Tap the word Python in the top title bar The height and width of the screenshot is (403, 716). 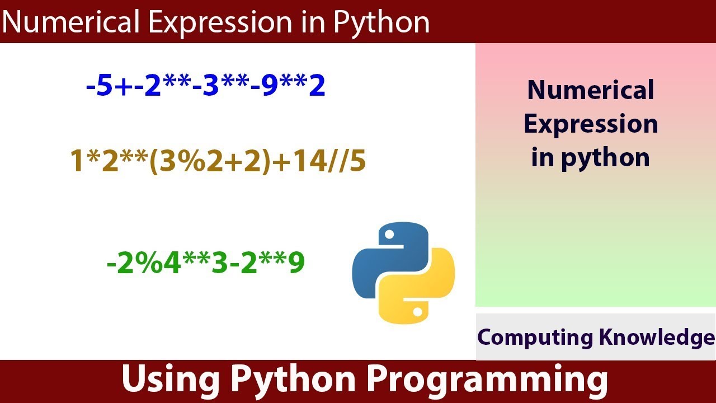[381, 23]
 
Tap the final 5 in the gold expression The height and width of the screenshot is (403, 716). [358, 162]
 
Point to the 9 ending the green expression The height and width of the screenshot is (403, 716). [296, 263]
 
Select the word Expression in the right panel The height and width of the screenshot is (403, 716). [591, 124]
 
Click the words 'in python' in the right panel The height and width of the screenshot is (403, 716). [591, 157]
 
